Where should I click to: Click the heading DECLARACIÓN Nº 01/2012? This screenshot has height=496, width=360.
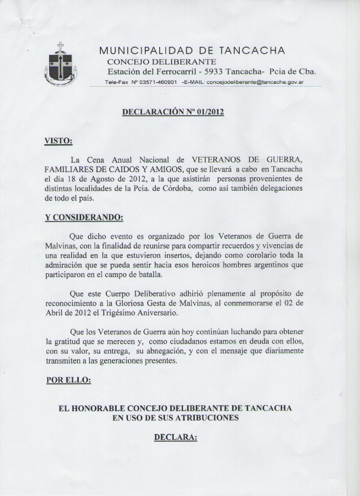click(x=173, y=112)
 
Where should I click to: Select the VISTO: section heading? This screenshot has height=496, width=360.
click(x=58, y=141)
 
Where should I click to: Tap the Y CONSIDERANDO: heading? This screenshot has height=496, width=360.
click(x=84, y=217)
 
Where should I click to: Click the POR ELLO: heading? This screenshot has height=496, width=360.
click(x=68, y=380)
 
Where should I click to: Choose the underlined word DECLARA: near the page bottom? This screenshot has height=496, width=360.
click(x=175, y=437)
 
